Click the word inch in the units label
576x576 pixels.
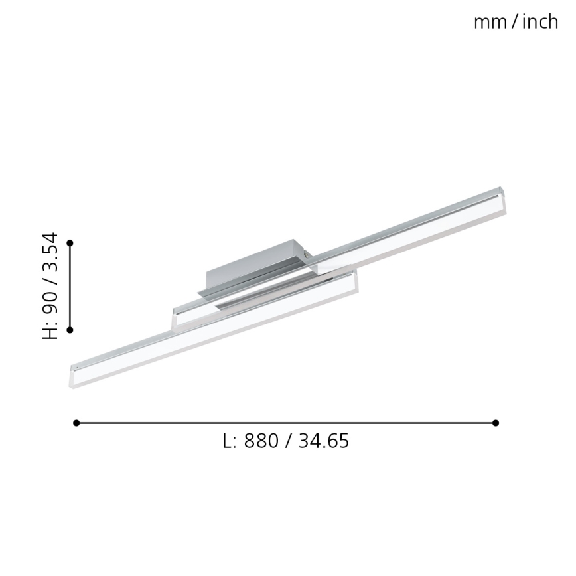click(x=540, y=22)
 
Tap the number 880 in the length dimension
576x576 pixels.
click(x=261, y=441)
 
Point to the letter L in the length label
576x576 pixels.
click(x=228, y=441)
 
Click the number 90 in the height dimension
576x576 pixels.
click(x=50, y=303)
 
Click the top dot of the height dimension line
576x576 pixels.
click(x=70, y=244)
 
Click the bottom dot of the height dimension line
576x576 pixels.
click(x=70, y=329)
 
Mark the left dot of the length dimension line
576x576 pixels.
click(x=76, y=423)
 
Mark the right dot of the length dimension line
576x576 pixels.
click(x=496, y=423)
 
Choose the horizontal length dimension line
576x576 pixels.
click(x=285, y=423)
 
